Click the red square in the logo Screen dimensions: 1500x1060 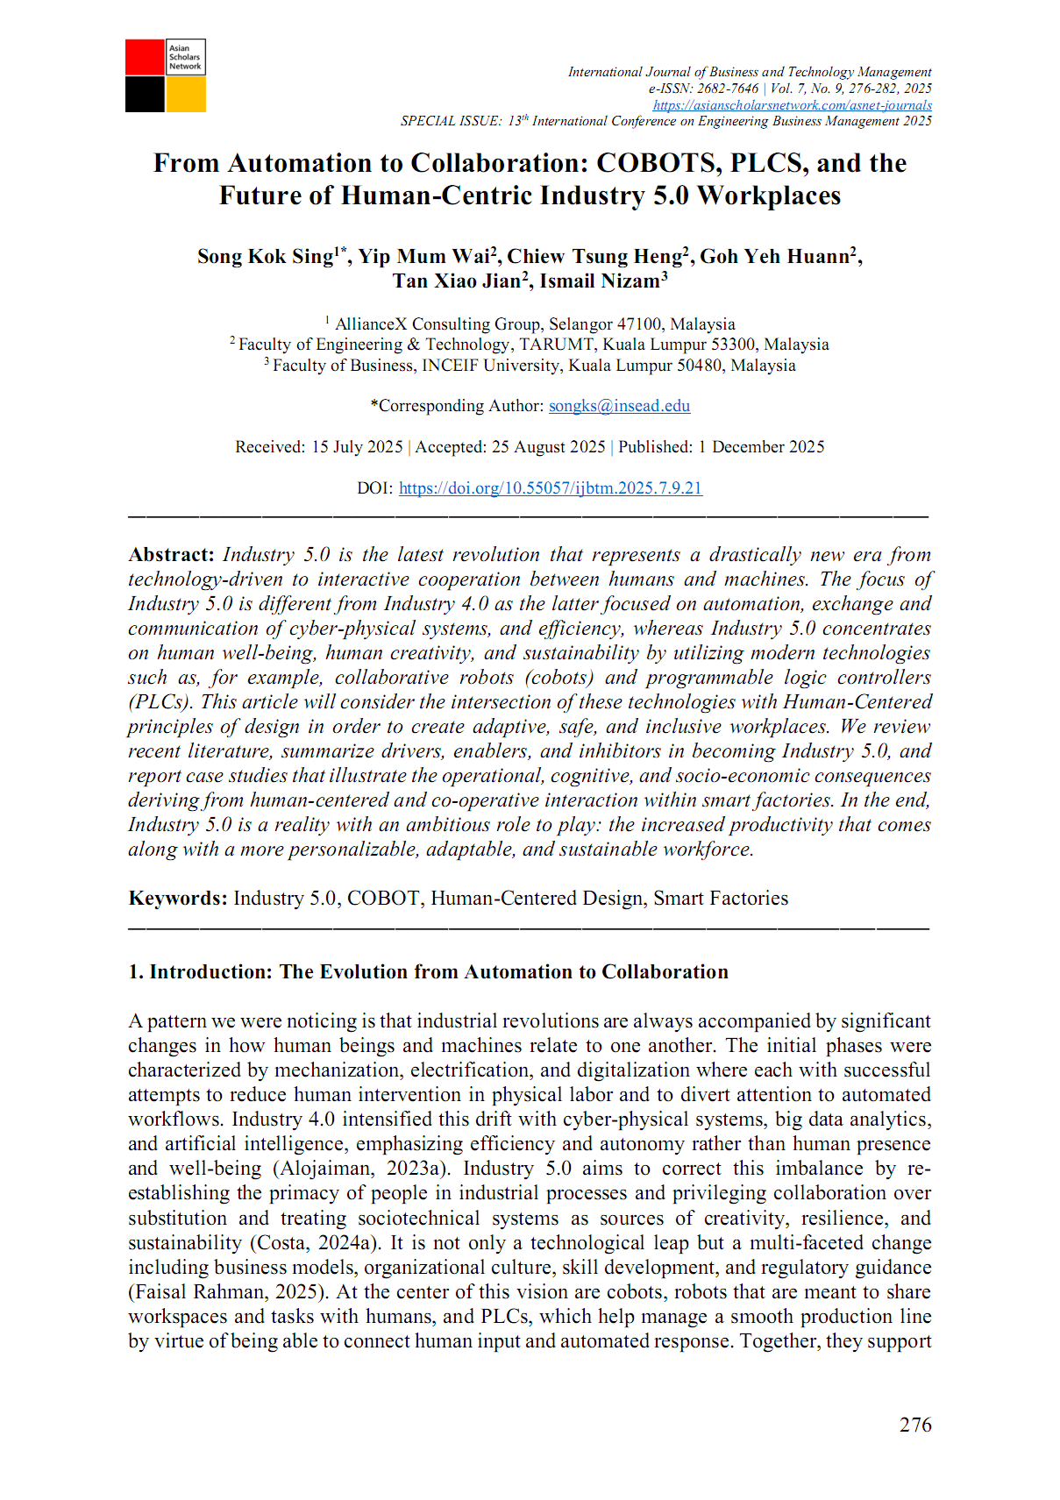[145, 57]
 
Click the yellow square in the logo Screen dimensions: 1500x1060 [186, 95]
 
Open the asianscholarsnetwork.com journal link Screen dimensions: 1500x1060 [792, 105]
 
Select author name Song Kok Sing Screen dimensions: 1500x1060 [266, 256]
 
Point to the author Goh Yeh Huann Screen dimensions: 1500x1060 [775, 256]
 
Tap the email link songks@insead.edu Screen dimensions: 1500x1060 [619, 406]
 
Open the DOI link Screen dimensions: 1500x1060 [551, 488]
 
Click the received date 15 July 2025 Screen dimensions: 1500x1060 [357, 447]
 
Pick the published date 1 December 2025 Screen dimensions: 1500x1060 [761, 447]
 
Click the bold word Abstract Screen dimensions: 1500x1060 [171, 555]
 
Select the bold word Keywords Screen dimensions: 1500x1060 [178, 899]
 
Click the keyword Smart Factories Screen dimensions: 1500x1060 [721, 899]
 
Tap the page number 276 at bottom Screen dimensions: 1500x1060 [915, 1425]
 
